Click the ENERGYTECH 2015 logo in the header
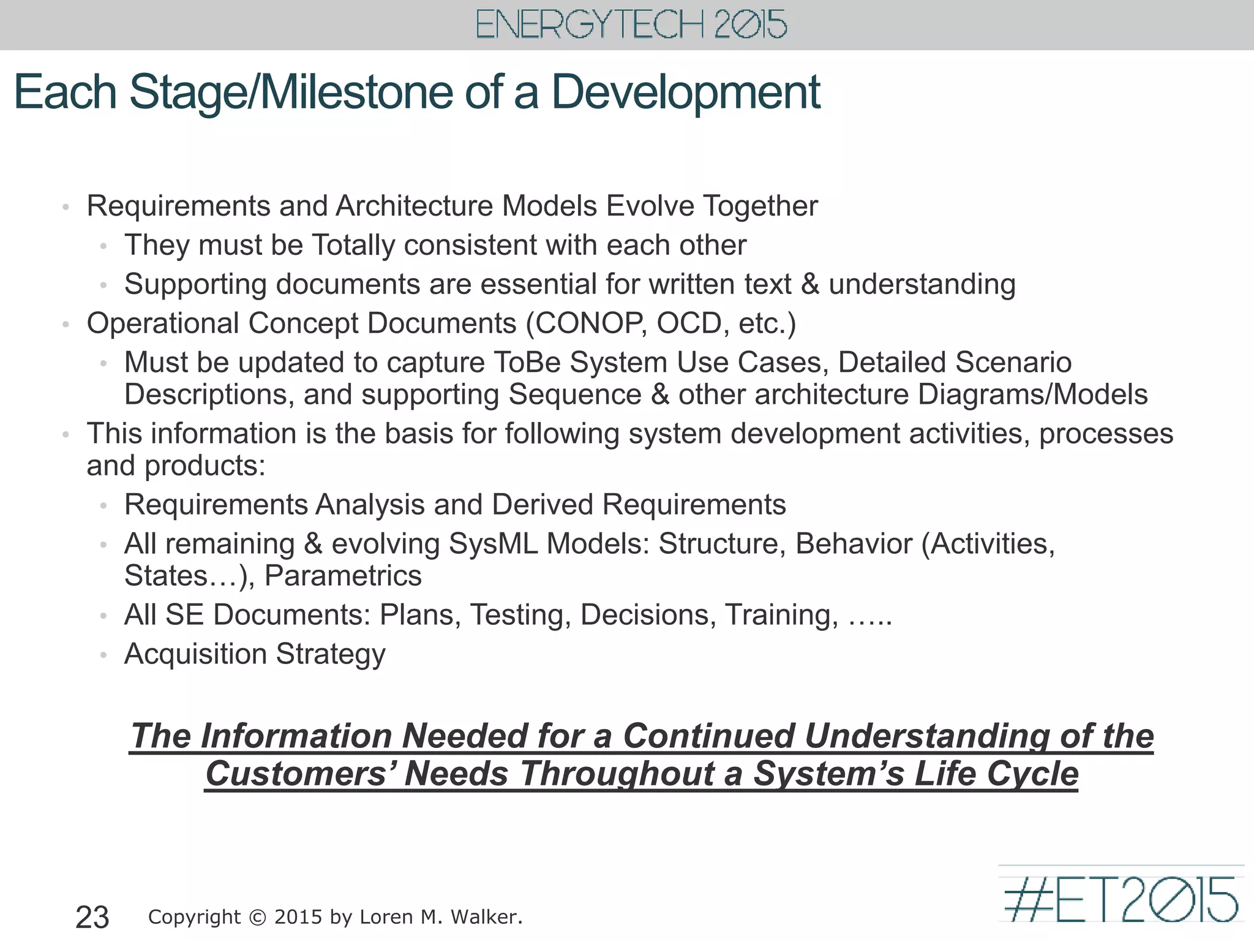pos(631,25)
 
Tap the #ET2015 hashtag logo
pos(1121,899)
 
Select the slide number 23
pos(92,917)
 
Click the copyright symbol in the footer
pos(258,917)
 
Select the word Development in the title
pos(686,93)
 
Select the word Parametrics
pos(343,576)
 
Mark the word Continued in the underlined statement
pos(708,736)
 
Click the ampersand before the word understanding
pos(809,284)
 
